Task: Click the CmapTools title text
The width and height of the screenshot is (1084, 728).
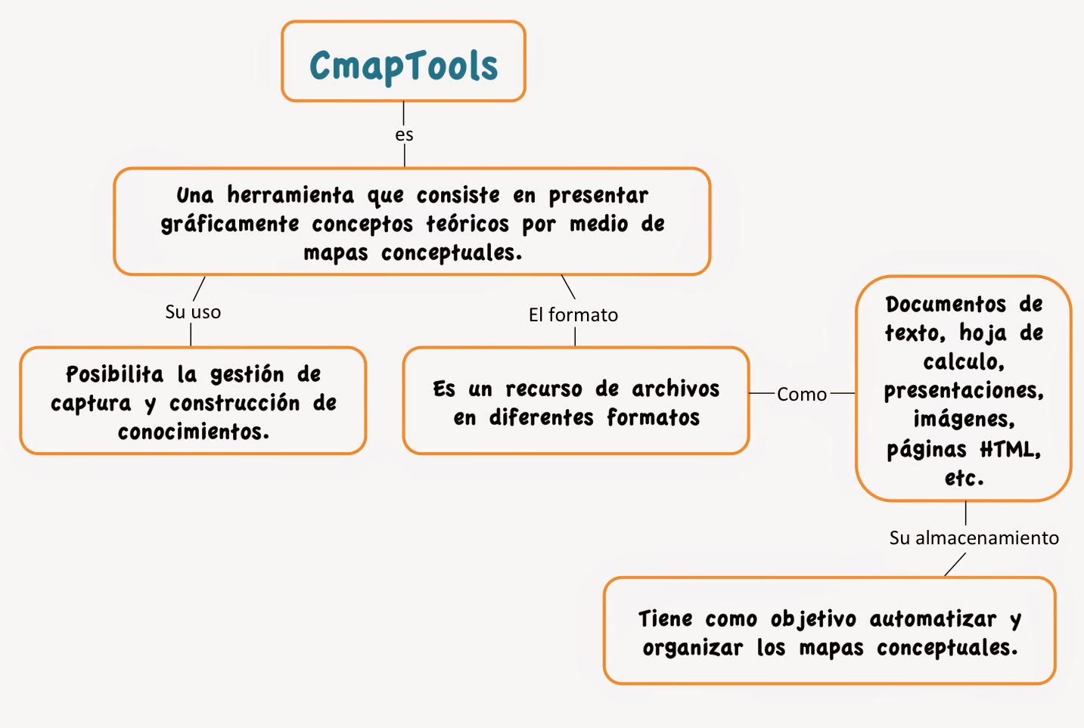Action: [404, 66]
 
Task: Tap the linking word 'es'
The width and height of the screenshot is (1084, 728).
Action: [404, 135]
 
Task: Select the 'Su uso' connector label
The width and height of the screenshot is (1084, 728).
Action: [193, 311]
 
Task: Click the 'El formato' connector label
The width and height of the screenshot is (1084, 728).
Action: [573, 314]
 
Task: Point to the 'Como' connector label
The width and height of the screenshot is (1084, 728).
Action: [802, 394]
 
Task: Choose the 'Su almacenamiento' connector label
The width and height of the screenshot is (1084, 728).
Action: [974, 537]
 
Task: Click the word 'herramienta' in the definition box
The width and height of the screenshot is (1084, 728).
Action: [290, 196]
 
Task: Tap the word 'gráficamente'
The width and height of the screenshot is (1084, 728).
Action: [230, 225]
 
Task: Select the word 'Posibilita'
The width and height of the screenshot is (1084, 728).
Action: [114, 374]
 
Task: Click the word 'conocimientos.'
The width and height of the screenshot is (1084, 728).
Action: [194, 432]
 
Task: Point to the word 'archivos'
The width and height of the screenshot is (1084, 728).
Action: [676, 389]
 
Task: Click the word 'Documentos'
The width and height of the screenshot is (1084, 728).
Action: [946, 304]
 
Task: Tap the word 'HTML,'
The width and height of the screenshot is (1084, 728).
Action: [1011, 450]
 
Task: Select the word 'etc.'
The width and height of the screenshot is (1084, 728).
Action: [964, 478]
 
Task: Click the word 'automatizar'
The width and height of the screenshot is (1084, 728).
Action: [933, 619]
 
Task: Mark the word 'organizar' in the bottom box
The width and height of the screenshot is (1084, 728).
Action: [692, 648]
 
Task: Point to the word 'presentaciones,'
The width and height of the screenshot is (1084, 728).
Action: [964, 391]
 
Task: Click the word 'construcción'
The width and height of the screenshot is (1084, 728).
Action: [235, 403]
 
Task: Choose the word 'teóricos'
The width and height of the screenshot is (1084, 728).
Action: [467, 225]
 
